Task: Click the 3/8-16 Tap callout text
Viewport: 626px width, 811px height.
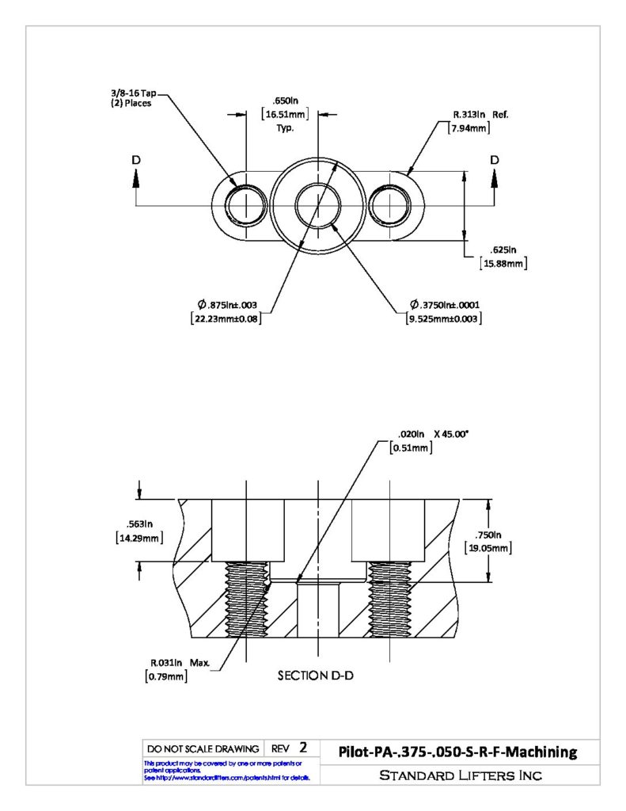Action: point(134,93)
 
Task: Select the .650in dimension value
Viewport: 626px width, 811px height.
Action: point(286,101)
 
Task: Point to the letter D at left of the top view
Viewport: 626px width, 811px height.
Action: point(136,160)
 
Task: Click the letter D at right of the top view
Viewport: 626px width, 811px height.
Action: point(495,160)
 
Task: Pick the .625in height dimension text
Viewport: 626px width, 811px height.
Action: point(503,249)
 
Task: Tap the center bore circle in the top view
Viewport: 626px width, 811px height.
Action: point(318,183)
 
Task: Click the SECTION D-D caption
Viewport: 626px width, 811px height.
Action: point(316,676)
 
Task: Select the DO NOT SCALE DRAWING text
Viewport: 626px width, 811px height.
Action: point(203,749)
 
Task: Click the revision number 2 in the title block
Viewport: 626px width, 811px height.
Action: point(303,748)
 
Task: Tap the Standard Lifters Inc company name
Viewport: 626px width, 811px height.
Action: point(461,775)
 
